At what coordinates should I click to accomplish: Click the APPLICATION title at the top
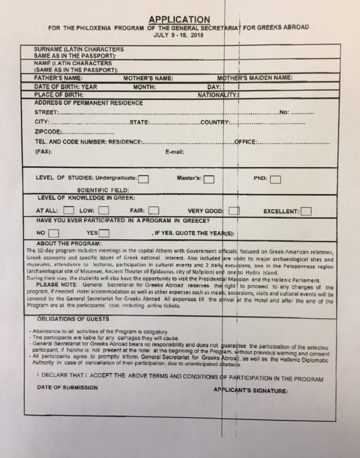point(179,20)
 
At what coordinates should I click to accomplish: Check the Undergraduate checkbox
point(143,179)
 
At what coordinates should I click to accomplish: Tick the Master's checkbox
point(208,179)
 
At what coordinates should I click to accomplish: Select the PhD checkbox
point(275,179)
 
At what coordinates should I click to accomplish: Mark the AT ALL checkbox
point(70,210)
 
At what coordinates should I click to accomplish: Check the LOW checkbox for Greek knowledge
point(103,210)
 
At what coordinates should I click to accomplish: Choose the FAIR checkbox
point(154,210)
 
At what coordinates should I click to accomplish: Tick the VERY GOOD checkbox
point(234,210)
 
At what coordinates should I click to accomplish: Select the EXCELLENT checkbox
point(306,210)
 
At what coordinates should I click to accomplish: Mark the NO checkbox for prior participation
point(53,233)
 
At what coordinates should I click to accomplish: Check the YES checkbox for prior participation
point(104,233)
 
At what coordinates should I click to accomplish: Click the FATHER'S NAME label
point(58,79)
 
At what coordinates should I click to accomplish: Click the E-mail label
point(174,152)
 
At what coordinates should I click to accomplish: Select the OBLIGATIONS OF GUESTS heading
point(73,319)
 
